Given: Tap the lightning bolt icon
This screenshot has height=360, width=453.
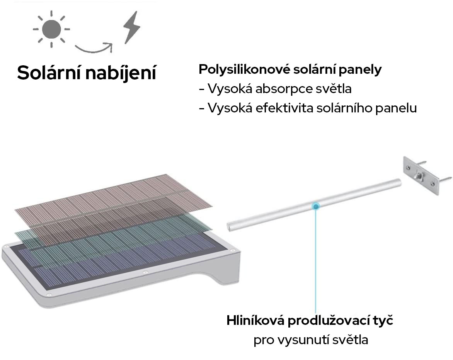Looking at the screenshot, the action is click(x=131, y=27).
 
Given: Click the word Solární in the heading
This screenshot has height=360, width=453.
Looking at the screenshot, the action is click(x=48, y=73).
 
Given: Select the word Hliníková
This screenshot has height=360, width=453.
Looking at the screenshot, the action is click(x=255, y=321).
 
